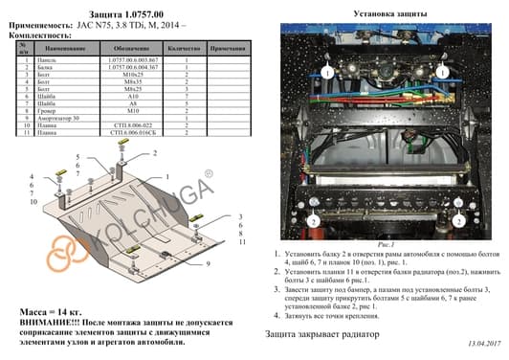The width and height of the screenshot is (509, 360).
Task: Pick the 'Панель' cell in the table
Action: (43, 59)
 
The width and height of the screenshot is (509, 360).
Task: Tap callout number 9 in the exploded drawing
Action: (206, 263)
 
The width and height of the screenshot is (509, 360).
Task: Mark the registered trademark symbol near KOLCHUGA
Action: (208, 175)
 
